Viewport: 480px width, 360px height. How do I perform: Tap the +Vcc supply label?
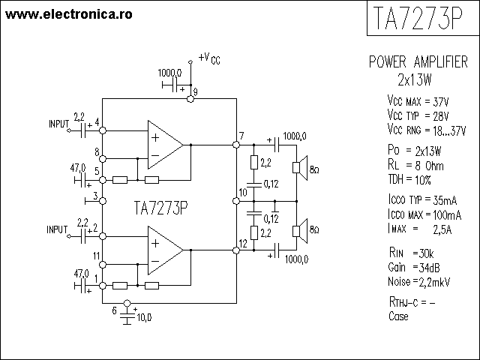209,58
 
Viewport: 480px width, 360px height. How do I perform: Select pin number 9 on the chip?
195,92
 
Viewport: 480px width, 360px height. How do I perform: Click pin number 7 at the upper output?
241,136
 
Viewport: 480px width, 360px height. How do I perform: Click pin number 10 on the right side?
241,193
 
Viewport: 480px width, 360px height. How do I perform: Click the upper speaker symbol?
298,168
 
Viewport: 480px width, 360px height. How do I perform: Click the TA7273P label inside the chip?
160,208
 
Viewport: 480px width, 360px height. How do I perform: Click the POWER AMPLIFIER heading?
418,63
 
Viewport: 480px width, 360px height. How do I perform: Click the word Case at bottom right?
398,316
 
